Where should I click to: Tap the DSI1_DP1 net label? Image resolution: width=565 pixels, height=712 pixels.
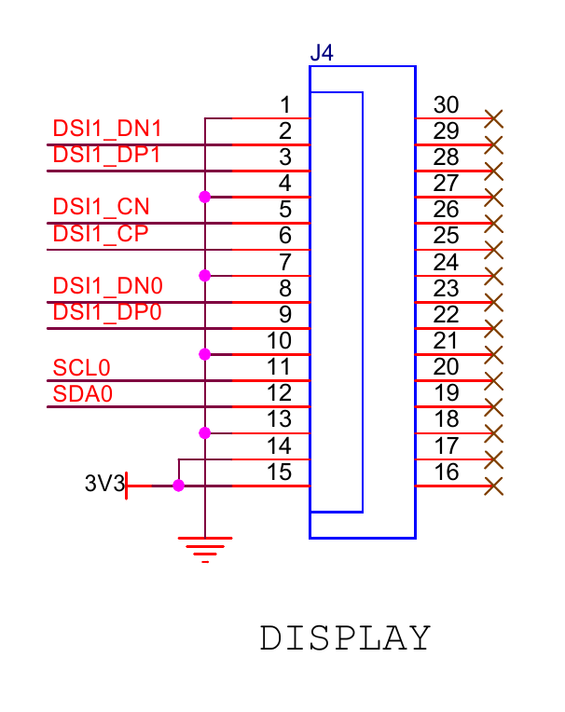108,155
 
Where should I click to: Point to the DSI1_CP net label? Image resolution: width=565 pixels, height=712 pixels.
102,233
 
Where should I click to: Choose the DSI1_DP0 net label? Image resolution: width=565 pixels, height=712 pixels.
108,312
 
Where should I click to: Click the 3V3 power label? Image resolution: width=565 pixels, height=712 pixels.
103,485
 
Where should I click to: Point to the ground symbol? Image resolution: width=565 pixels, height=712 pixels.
204,548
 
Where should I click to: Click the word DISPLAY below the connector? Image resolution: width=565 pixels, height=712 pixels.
345,638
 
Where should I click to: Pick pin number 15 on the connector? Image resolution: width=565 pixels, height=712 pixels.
279,472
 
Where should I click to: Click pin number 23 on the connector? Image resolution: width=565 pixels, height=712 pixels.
447,289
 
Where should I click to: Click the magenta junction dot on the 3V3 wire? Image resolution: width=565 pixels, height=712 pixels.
178,486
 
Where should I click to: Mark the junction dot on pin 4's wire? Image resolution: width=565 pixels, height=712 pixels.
204,197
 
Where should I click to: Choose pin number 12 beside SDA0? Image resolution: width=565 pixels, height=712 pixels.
279,393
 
